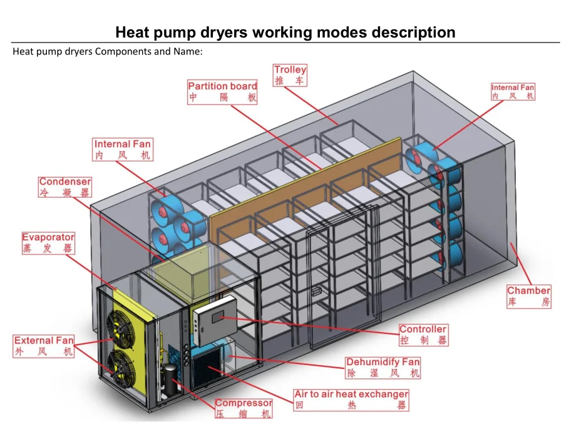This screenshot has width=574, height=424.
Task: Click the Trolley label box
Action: click(290, 75)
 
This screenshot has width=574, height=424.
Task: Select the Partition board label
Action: click(222, 92)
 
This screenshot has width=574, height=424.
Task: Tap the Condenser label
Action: click(64, 187)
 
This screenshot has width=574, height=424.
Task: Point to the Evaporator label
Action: click(48, 243)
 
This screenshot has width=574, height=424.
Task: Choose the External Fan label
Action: click(44, 346)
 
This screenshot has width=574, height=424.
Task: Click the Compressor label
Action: click(243, 408)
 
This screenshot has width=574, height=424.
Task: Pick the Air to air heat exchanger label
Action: click(351, 400)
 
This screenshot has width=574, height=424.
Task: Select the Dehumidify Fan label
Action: click(383, 367)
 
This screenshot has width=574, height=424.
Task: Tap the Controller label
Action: click(423, 335)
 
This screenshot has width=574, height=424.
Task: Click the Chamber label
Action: click(528, 296)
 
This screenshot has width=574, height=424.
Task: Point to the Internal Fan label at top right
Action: click(513, 92)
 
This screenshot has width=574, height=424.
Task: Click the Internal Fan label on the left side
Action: click(123, 149)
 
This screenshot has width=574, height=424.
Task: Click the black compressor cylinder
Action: click(170, 379)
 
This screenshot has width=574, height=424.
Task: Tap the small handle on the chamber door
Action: click(315, 291)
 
